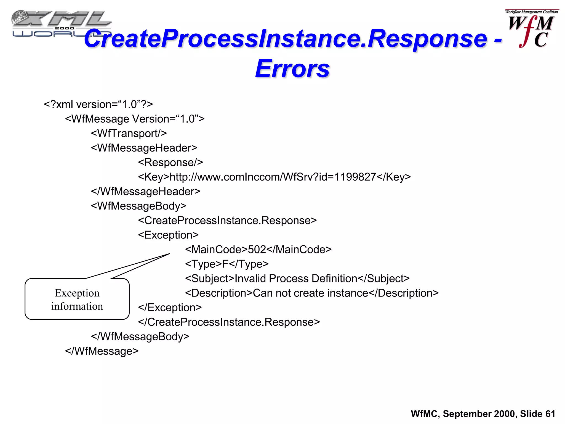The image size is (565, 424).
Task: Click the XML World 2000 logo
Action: pyautogui.click(x=61, y=24)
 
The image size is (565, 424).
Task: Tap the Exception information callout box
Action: pyautogui.click(x=77, y=299)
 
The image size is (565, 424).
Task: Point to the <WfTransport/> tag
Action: pyautogui.click(x=129, y=133)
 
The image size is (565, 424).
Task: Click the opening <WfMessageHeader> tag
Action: pyautogui.click(x=144, y=148)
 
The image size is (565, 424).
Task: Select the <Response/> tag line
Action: pyautogui.click(x=170, y=162)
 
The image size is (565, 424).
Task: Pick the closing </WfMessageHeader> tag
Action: pyautogui.click(x=145, y=192)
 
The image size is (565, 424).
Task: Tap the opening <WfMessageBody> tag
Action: pyautogui.click(x=138, y=206)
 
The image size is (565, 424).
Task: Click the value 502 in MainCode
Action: pyautogui.click(x=257, y=250)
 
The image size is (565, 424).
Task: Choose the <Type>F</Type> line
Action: pyautogui.click(x=227, y=264)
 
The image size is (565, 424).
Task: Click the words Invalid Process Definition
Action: pyautogui.click(x=296, y=279)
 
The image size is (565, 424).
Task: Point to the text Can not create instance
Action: pyautogui.click(x=310, y=293)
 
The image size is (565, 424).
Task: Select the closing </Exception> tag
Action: pyautogui.click(x=170, y=308)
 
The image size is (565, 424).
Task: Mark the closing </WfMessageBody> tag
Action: pyautogui.click(x=140, y=336)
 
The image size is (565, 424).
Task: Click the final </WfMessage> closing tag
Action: pyautogui.click(x=102, y=351)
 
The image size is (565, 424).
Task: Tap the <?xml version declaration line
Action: pyautogui.click(x=98, y=104)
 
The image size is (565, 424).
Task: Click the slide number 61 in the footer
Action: pyautogui.click(x=550, y=414)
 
